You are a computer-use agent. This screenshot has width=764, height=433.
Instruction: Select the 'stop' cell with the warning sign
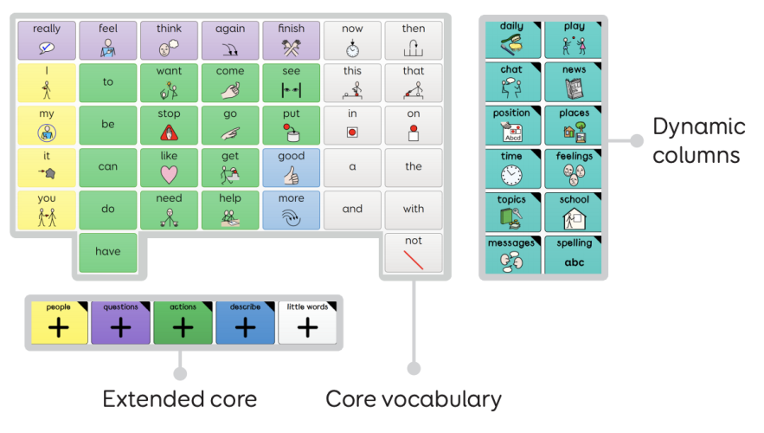pos(169,125)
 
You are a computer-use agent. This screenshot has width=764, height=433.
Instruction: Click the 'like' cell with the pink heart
pos(169,167)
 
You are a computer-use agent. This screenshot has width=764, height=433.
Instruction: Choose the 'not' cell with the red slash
pos(413,252)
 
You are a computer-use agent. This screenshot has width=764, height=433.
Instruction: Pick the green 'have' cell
pos(107,252)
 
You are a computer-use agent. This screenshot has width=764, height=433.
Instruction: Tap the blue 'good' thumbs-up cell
pos(292,167)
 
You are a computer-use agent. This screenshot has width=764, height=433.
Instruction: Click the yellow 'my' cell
pos(47,125)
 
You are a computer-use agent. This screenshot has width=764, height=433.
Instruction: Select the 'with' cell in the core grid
pos(413,210)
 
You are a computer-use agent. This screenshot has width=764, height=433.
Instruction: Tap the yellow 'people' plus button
pos(59,322)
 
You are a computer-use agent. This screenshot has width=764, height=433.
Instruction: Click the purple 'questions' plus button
pos(121,322)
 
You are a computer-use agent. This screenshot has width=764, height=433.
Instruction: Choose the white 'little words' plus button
pos(308,322)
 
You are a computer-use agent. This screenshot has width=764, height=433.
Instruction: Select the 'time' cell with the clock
pos(511,169)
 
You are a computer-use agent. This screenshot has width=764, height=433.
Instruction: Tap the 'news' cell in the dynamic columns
pos(575,82)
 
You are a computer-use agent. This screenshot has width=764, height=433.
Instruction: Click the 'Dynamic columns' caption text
pos(698,140)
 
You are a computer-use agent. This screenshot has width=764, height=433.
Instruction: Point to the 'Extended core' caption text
pos(179,399)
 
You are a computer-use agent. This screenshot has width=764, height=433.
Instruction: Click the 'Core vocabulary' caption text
pos(413,399)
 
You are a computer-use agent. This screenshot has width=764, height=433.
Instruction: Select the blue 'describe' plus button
pos(246,322)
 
